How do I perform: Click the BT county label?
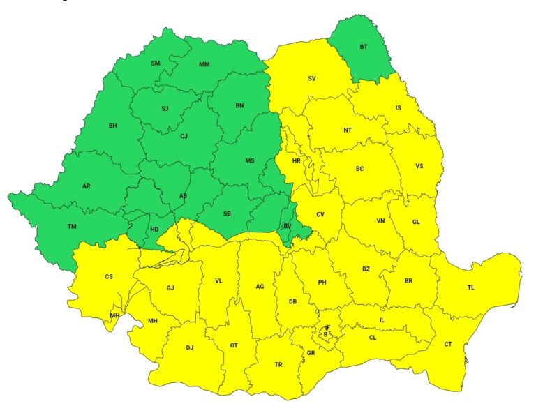pyautogui.click(x=364, y=47)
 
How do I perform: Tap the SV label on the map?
pyautogui.click(x=312, y=78)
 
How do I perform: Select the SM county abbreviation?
pyautogui.click(x=156, y=63)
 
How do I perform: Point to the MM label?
pyautogui.click(x=204, y=65)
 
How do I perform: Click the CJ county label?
pyautogui.click(x=184, y=136)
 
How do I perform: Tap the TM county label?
pyautogui.click(x=72, y=227)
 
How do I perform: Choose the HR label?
pyautogui.click(x=296, y=160)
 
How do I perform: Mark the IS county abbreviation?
pyautogui.click(x=399, y=108)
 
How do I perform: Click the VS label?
pyautogui.click(x=419, y=166)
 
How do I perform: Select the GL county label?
pyautogui.click(x=416, y=222)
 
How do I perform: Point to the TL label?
pyautogui.click(x=471, y=287)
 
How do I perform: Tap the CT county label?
pyautogui.click(x=448, y=345)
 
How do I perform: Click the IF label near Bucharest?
pyautogui.click(x=327, y=327)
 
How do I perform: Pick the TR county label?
pyautogui.click(x=278, y=365)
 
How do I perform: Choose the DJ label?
pyautogui.click(x=189, y=347)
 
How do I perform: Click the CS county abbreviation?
pyautogui.click(x=109, y=277)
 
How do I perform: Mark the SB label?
pyautogui.click(x=228, y=213)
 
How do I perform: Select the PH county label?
pyautogui.click(x=322, y=283)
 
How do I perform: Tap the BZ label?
pyautogui.click(x=366, y=269)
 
